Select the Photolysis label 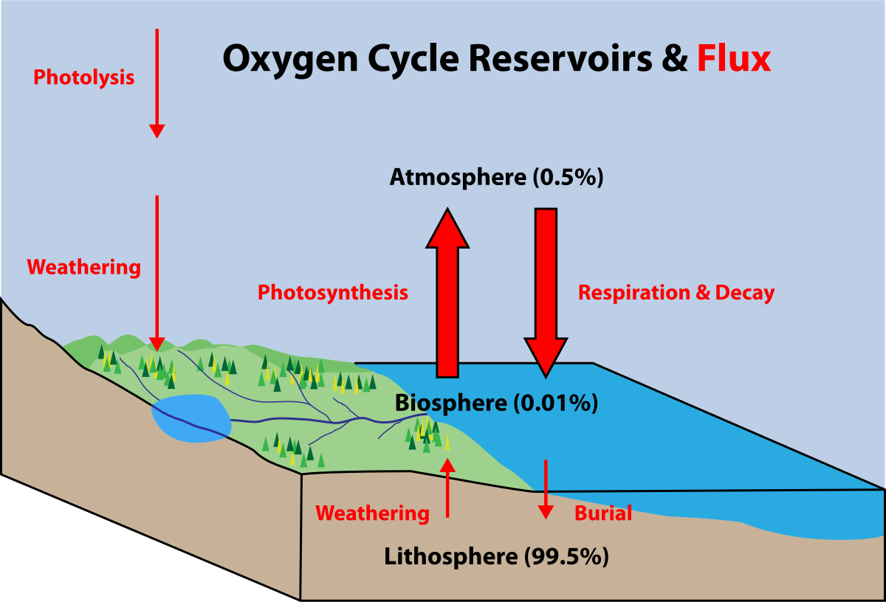click(x=84, y=77)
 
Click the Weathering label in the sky click(x=84, y=267)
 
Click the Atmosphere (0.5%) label click(x=496, y=178)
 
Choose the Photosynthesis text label click(x=332, y=293)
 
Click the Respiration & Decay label click(x=676, y=293)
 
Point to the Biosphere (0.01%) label click(x=495, y=403)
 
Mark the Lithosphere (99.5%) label click(x=496, y=556)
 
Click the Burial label click(x=603, y=513)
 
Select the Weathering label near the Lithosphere click(x=372, y=513)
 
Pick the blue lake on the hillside click(x=190, y=418)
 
